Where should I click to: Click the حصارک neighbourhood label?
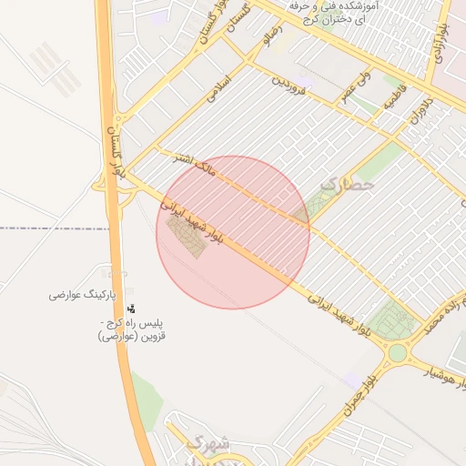[x=347, y=185]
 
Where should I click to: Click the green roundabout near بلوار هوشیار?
[x=397, y=352]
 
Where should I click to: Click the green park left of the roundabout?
[x=390, y=319]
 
